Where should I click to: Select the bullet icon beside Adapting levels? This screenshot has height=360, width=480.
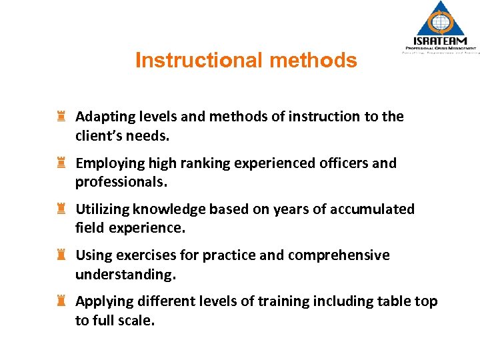point(61,117)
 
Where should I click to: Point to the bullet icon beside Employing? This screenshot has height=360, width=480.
point(61,163)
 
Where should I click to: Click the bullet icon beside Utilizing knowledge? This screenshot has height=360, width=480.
point(61,209)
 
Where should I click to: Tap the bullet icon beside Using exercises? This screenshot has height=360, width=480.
point(61,255)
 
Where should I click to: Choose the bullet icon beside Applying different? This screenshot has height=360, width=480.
point(61,301)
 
